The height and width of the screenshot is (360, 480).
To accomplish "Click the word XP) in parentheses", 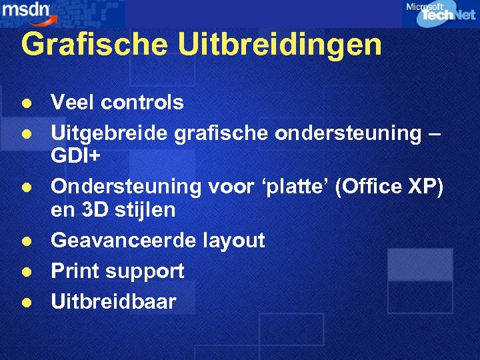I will (x=425, y=187).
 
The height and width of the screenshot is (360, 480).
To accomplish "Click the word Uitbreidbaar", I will (x=113, y=301).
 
